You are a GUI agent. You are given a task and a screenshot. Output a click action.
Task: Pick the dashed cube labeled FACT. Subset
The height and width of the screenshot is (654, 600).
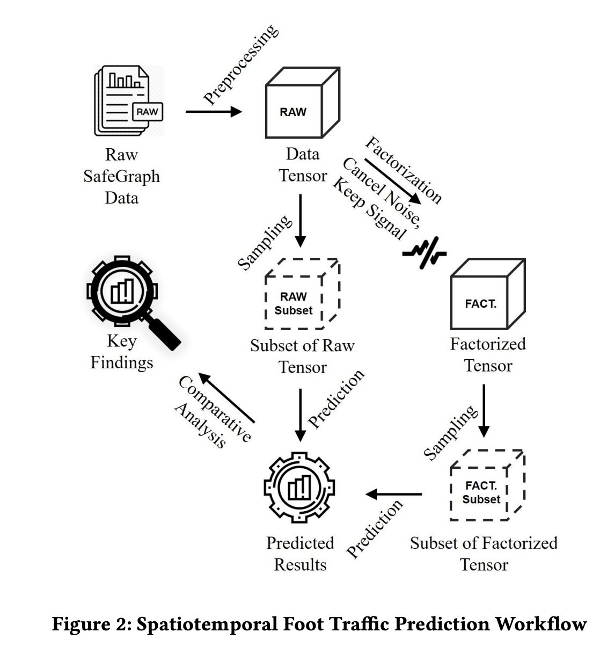pos(486,485)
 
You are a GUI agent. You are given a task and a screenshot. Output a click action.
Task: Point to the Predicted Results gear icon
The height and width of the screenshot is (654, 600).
pos(300,489)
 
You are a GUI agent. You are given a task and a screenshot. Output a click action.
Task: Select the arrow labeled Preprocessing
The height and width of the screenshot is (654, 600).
pos(214,112)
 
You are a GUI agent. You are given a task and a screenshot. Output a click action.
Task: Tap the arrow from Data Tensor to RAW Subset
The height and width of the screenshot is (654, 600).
pos(301,220)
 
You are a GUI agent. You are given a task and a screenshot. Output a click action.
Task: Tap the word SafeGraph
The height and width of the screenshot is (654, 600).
pos(121,176)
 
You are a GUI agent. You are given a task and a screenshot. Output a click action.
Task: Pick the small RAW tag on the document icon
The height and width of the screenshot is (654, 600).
pos(148,112)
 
